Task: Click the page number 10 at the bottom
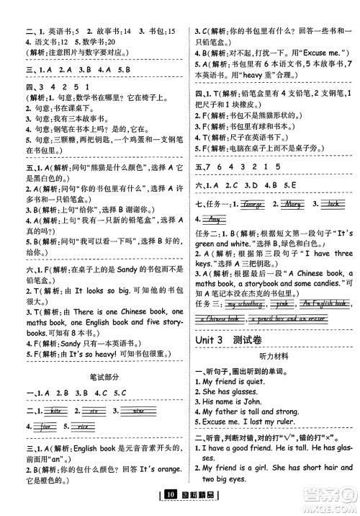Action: coord(170,494)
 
